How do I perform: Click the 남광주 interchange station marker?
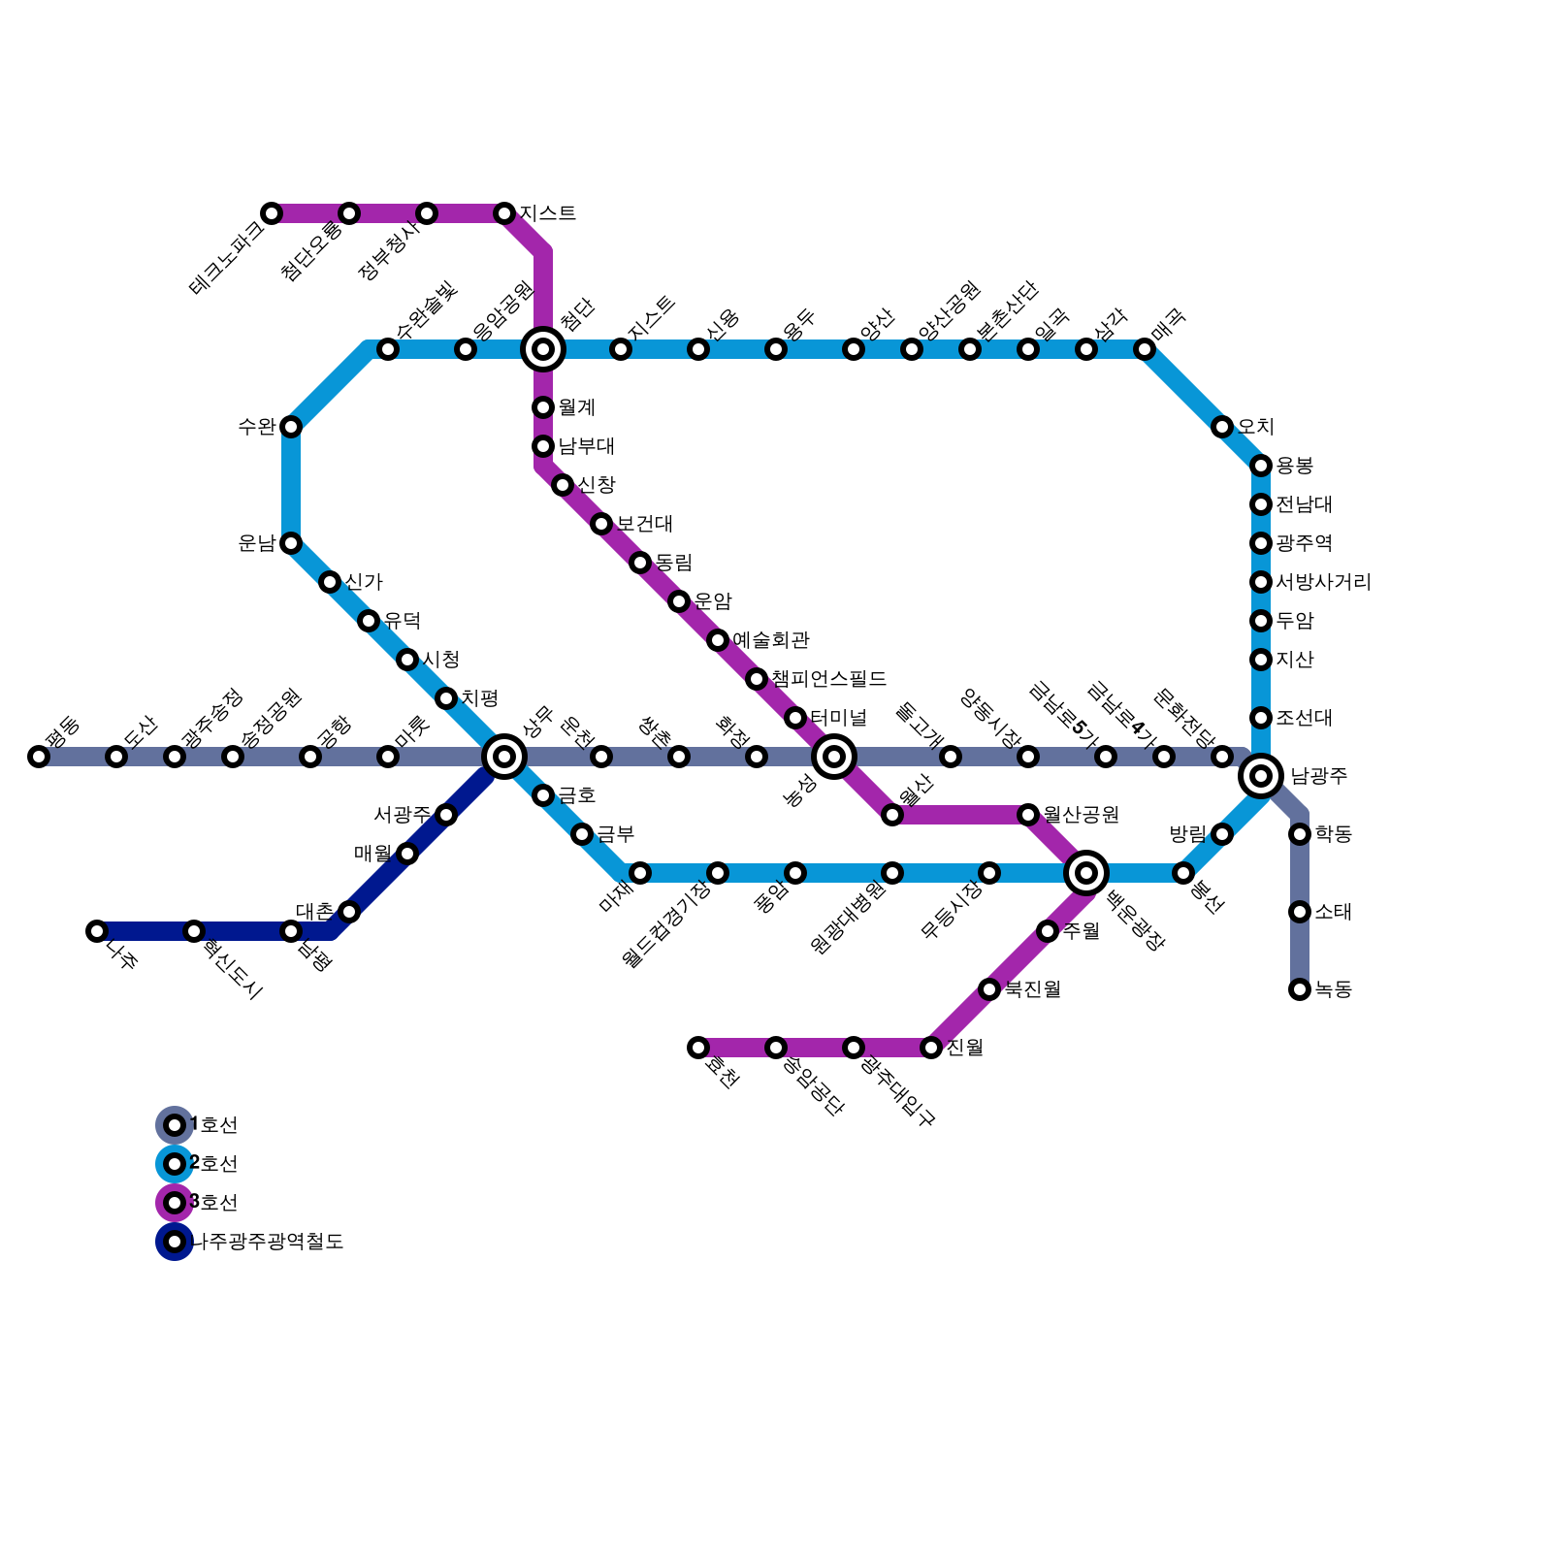[x=1261, y=775]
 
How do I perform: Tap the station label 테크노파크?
[x=228, y=257]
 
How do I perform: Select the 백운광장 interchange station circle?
[x=1086, y=872]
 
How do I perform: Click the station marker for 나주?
[x=97, y=931]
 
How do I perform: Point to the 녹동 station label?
[x=1334, y=989]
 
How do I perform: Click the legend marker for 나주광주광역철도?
[x=175, y=1242]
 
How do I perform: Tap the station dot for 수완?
[x=291, y=427]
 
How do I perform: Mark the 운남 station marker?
[x=291, y=543]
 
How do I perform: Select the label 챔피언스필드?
[x=829, y=679]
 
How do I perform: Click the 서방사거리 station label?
[x=1323, y=582]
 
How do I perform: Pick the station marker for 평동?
[x=39, y=757]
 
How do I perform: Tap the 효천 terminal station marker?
[x=698, y=1048]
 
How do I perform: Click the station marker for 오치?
[x=1222, y=427]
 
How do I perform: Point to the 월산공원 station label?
[x=1082, y=815]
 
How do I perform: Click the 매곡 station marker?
[x=1145, y=349]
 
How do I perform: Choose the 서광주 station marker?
[x=446, y=815]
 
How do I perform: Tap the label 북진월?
[x=1032, y=989]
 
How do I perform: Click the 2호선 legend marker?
[x=175, y=1164]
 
